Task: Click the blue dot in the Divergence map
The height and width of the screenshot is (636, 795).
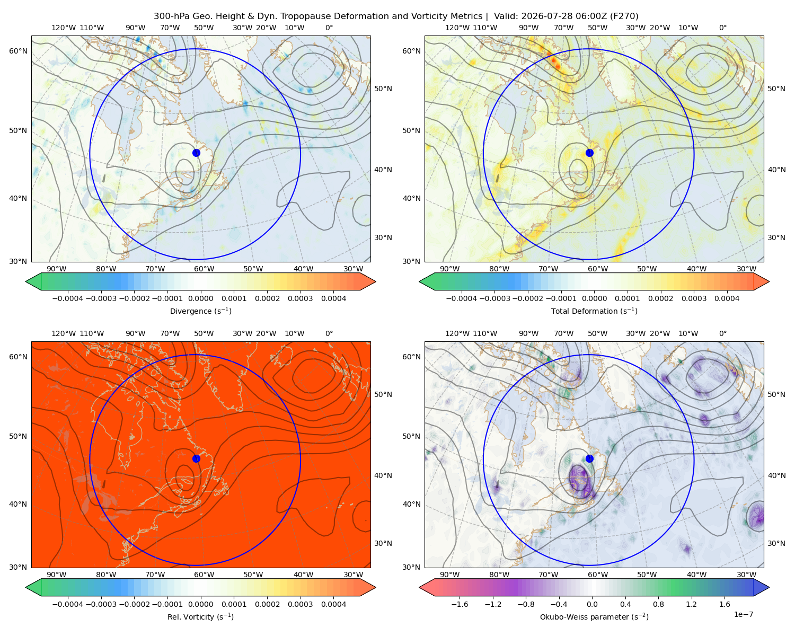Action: click(196, 153)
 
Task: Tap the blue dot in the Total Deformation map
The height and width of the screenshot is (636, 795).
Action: click(589, 153)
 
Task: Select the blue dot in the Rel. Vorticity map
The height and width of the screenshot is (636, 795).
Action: click(196, 458)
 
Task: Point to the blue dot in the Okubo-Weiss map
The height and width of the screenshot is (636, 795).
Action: click(589, 458)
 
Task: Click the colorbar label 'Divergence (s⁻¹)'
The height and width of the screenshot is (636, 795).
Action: click(200, 311)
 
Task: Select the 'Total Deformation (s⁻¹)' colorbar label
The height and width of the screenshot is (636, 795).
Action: click(594, 311)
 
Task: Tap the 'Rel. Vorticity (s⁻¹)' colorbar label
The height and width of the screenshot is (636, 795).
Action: click(200, 616)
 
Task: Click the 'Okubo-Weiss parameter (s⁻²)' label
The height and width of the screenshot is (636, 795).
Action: click(594, 616)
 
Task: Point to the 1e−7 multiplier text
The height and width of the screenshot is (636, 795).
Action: click(743, 614)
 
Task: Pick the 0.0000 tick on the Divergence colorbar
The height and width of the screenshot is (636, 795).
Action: click(200, 298)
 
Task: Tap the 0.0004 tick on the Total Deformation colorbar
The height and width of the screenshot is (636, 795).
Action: click(727, 298)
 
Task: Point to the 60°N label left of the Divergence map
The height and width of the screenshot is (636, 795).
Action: click(18, 51)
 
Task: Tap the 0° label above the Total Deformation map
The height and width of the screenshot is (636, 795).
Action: click(722, 28)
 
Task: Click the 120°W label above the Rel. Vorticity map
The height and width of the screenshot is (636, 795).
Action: click(64, 333)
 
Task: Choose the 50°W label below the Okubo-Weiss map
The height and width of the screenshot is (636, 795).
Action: click(647, 575)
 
